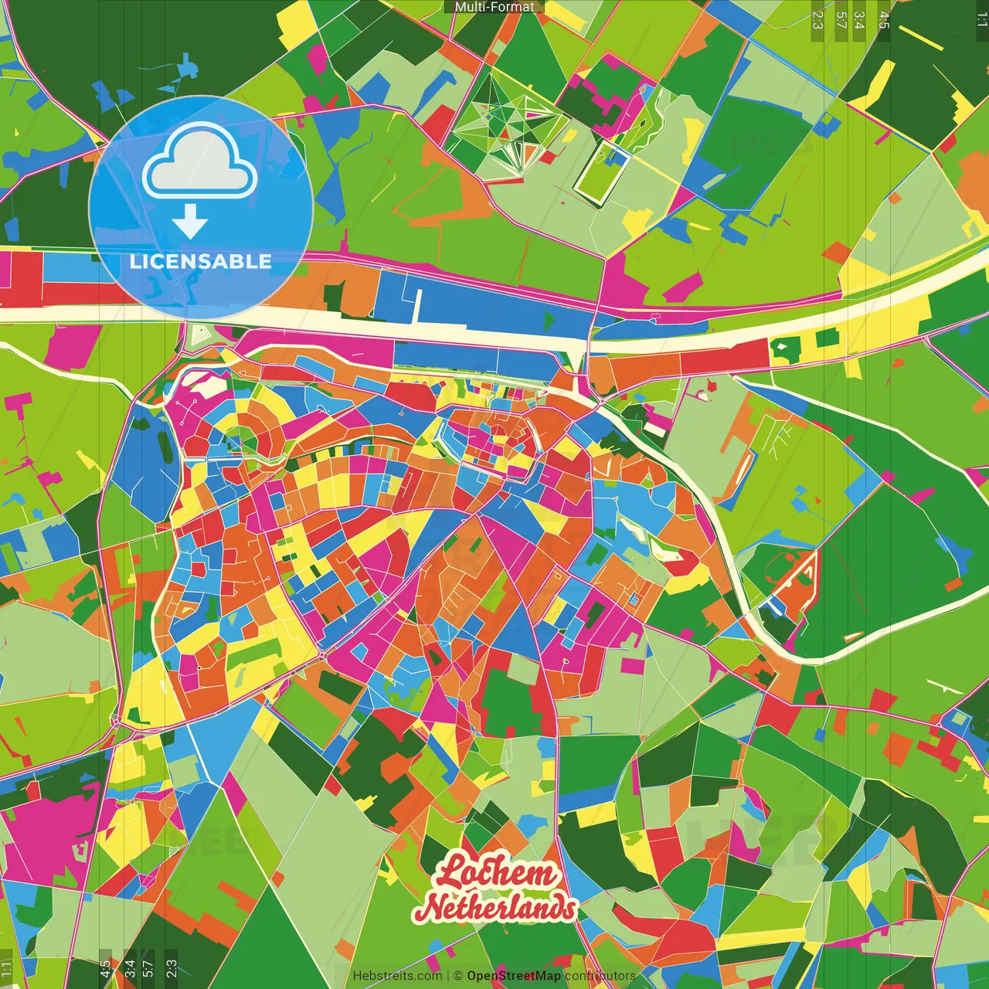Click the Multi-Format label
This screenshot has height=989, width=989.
tap(494, 7)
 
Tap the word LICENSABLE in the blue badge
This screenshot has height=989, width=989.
tap(200, 261)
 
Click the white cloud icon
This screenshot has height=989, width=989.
tap(200, 161)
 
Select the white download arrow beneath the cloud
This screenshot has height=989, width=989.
tap(190, 223)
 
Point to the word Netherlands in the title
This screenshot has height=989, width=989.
tap(499, 908)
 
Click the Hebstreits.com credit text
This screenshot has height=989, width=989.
tap(397, 976)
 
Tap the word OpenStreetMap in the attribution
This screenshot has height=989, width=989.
tap(514, 976)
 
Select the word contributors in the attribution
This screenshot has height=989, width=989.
tap(600, 976)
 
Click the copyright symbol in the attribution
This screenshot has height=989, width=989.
tap(458, 976)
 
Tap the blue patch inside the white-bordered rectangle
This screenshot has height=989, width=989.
tap(616, 158)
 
